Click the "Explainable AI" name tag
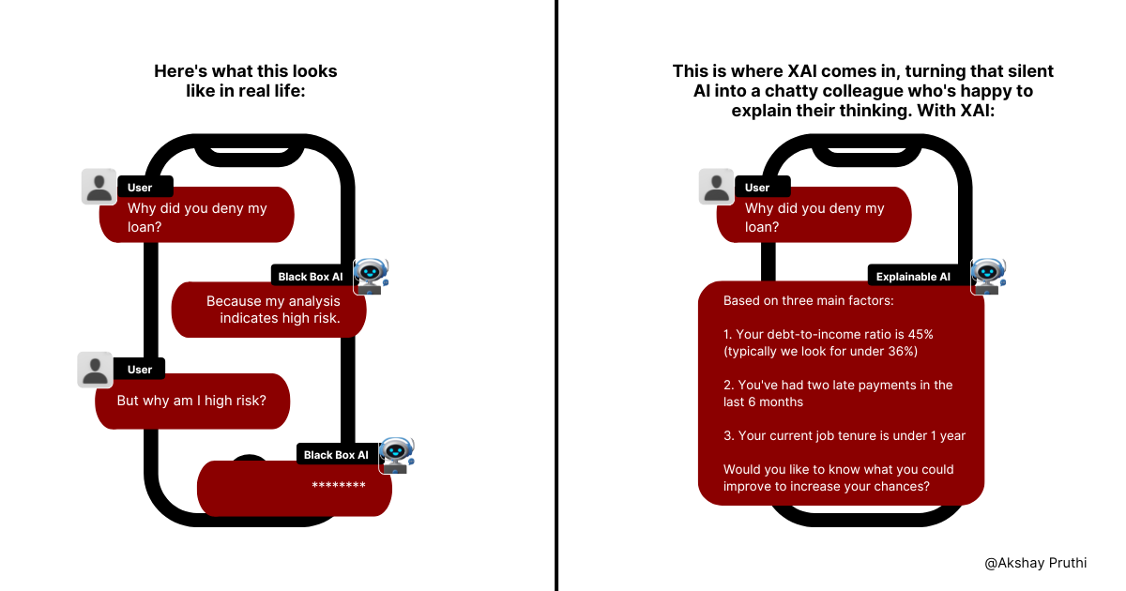[x=913, y=277]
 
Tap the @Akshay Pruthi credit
[x=1034, y=563]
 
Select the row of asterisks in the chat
[x=338, y=486]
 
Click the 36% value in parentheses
[x=892, y=351]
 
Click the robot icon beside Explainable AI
[x=988, y=276]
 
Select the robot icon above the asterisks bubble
[x=397, y=454]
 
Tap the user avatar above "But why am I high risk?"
[x=95, y=370]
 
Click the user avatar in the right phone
[x=716, y=187]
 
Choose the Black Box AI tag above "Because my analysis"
[x=311, y=277]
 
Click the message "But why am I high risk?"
[x=191, y=401]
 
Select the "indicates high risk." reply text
[x=280, y=318]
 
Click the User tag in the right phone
[x=757, y=188]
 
